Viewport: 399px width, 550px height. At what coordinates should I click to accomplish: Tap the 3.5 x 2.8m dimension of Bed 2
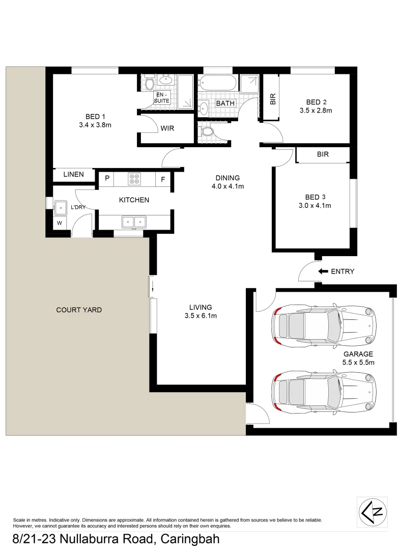[316, 111]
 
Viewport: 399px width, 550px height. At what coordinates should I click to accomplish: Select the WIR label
[167, 128]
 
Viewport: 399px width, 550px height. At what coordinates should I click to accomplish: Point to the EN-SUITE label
[161, 98]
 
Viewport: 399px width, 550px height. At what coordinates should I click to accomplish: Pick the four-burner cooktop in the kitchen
[135, 179]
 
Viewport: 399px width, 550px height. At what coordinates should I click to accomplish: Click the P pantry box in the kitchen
[107, 179]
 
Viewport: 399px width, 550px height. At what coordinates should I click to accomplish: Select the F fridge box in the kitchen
[163, 179]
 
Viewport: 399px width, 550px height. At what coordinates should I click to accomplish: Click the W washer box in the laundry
[60, 223]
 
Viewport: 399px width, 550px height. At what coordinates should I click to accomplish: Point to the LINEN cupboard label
[74, 175]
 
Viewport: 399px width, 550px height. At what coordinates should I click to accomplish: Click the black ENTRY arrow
[323, 271]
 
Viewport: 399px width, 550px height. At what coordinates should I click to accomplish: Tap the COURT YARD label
[79, 310]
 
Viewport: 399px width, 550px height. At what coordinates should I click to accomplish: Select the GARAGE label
[358, 354]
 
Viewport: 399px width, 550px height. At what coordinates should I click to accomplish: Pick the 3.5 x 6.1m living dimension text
[201, 316]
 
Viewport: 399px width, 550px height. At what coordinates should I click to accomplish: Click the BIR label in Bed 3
[323, 154]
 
